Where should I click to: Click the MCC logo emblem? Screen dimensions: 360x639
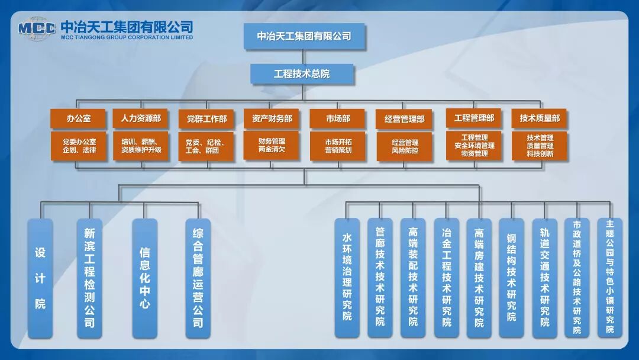pos(37,28)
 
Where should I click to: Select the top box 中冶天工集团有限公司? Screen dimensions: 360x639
pos(304,36)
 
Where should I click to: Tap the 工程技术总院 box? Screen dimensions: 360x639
pos(302,74)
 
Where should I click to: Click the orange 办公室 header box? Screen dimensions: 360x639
pos(79,118)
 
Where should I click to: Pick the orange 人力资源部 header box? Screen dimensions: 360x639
pos(141,118)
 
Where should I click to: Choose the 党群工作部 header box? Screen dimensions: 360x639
pos(206,119)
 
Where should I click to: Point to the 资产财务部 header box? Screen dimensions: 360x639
pos(272,118)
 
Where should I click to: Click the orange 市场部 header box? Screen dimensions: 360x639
pos(338,118)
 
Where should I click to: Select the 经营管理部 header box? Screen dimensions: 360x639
pos(405,119)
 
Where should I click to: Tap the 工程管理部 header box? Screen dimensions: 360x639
pos(474,118)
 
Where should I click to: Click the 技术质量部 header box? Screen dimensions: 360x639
pos(540,118)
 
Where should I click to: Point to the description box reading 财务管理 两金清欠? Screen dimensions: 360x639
pos(272,146)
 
